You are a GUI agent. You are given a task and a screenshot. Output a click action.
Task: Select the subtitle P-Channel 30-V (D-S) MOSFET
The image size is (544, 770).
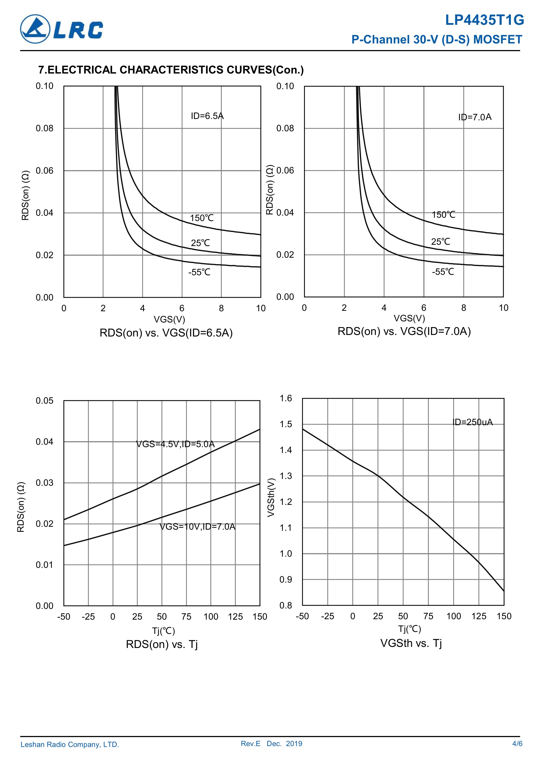[437, 40]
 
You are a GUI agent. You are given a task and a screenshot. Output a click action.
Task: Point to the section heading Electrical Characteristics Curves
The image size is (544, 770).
[171, 70]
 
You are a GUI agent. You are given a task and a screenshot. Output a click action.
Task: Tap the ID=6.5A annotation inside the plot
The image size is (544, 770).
[207, 116]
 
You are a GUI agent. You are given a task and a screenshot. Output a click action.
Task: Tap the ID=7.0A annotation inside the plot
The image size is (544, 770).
[475, 117]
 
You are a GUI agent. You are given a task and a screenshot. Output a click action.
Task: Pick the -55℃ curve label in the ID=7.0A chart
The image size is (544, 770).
[443, 272]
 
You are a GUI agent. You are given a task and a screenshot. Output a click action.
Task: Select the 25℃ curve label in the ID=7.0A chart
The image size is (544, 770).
[440, 241]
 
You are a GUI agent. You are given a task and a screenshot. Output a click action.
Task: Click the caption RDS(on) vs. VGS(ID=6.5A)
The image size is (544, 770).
[166, 333]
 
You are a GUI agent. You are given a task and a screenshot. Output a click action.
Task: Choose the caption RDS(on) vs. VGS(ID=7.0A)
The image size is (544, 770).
[404, 331]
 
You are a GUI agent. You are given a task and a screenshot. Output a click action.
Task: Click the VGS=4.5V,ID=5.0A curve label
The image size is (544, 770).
[175, 444]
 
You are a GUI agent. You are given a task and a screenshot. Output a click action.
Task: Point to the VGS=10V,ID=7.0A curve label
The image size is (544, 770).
[197, 527]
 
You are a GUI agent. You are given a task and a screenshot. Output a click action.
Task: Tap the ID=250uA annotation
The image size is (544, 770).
[473, 422]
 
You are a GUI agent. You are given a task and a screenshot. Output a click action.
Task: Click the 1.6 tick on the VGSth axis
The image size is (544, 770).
[286, 398]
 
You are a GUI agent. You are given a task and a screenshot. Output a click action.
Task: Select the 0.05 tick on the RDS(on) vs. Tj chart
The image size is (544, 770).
[45, 401]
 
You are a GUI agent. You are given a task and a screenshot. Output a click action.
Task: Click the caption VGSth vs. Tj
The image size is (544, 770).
[411, 643]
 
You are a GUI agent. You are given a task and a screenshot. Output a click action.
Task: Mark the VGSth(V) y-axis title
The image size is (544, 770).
[271, 497]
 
